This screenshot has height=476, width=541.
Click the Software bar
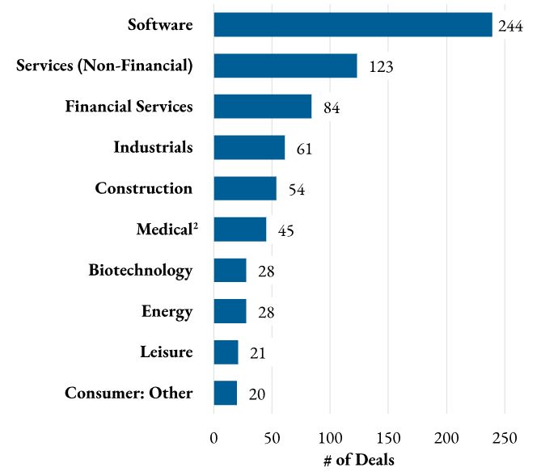pyautogui.click(x=353, y=24)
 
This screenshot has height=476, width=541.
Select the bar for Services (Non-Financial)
pyautogui.click(x=285, y=65)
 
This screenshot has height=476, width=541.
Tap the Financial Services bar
pyautogui.click(x=263, y=106)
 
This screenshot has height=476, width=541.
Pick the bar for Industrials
pyautogui.click(x=249, y=147)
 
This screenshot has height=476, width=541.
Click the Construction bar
pyautogui.click(x=245, y=188)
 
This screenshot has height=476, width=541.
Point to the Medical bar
pyautogui.click(x=240, y=230)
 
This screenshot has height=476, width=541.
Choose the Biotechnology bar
pyautogui.click(x=230, y=270)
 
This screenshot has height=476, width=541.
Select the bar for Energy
pyautogui.click(x=230, y=311)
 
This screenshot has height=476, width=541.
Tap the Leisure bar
pyautogui.click(x=226, y=352)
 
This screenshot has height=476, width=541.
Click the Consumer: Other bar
pyautogui.click(x=226, y=393)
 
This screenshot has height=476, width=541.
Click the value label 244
pyautogui.click(x=511, y=26)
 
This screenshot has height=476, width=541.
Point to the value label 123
pyautogui.click(x=380, y=67)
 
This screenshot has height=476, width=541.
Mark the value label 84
pyautogui.click(x=330, y=108)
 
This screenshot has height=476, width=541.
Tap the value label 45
pyautogui.click(x=285, y=231)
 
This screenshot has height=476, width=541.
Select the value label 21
pyautogui.click(x=257, y=353)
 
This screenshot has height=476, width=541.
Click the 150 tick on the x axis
pyautogui.click(x=388, y=438)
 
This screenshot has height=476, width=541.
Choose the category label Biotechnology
pyautogui.click(x=141, y=270)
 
